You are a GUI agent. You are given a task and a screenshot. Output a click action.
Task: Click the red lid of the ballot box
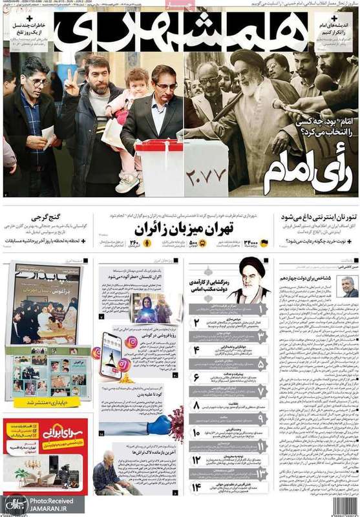(x=158, y=145)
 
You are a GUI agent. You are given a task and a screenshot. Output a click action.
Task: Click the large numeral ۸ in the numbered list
(x=196, y=406)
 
